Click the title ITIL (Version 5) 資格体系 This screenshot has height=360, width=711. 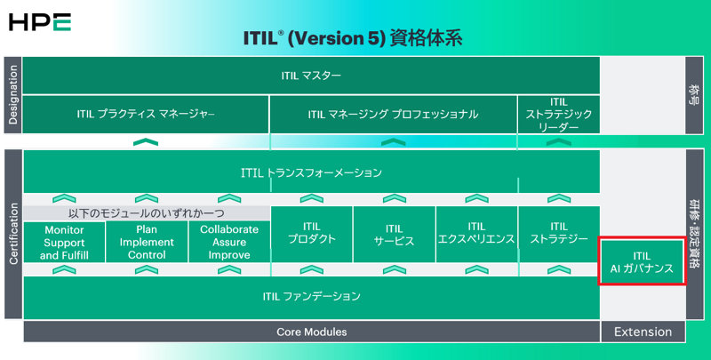(353, 40)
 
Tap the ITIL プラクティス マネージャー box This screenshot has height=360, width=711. (146, 115)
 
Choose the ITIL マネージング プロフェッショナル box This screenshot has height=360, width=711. (393, 115)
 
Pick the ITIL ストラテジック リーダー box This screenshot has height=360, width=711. (558, 115)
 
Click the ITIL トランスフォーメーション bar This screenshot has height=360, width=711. (311, 172)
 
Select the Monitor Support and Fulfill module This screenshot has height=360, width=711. (63, 242)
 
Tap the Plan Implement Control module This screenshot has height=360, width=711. (146, 242)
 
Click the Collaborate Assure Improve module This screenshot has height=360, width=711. (228, 242)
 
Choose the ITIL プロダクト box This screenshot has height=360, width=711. (311, 234)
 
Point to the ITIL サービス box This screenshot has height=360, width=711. (394, 234)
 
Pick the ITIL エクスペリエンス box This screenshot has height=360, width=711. (475, 234)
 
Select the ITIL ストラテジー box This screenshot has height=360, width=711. (558, 234)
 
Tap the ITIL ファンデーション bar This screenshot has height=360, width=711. (311, 297)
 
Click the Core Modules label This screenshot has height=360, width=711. (311, 332)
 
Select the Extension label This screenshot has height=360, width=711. (643, 332)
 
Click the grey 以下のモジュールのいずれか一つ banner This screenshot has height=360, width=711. (146, 213)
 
